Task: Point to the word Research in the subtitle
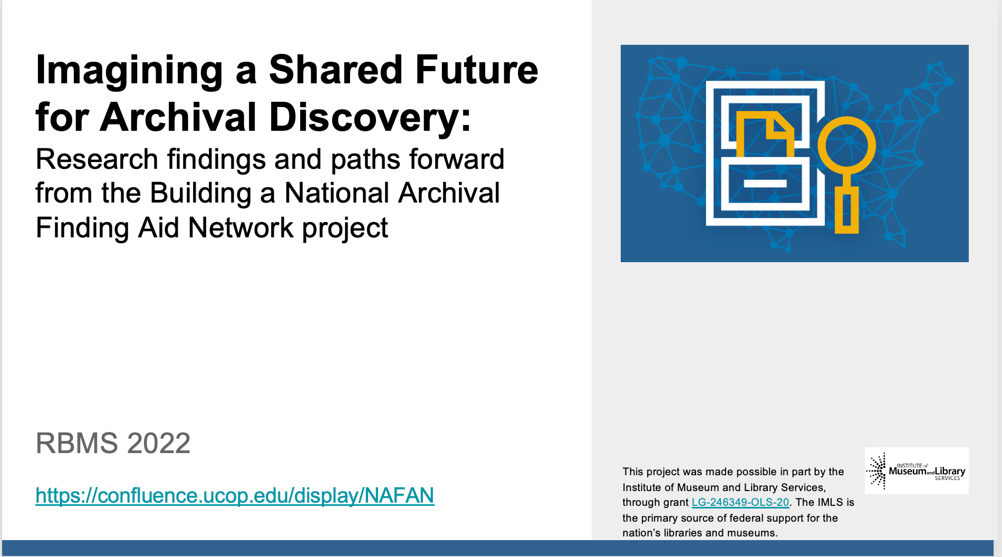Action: pos(97,159)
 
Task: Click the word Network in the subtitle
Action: pos(241,228)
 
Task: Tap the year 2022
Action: pos(159,443)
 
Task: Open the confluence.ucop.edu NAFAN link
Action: pos(235,496)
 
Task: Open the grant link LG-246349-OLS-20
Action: pos(740,502)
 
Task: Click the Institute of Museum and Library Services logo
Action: pos(917,470)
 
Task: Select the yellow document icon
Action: pos(766,133)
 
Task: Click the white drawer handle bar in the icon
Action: pos(765,184)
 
